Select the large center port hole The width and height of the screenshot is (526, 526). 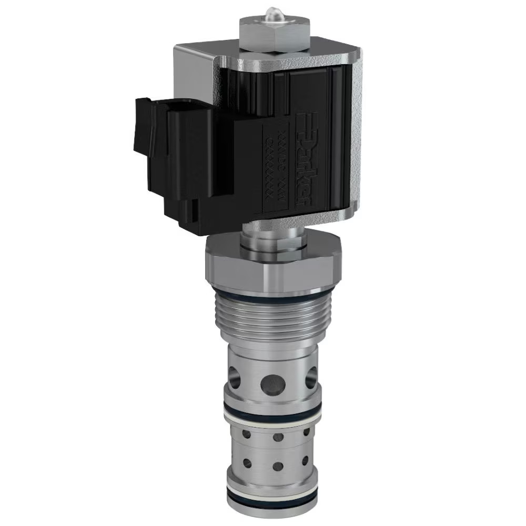[x=275, y=380]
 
